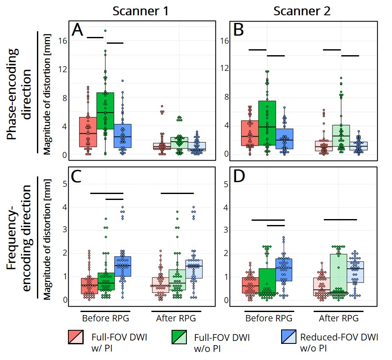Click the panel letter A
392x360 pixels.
click(x=78, y=31)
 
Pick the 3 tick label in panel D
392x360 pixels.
click(x=226, y=230)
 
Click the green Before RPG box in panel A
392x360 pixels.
click(x=105, y=110)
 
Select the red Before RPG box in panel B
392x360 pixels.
click(x=250, y=133)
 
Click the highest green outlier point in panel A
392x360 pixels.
click(x=105, y=31)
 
